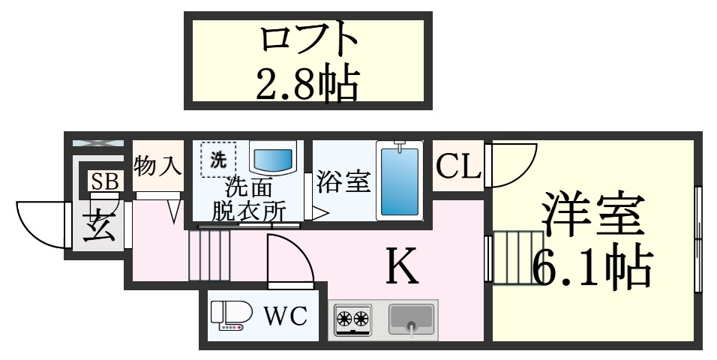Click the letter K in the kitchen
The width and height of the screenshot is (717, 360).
click(x=401, y=265)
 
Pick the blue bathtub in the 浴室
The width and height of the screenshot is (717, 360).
click(x=399, y=181)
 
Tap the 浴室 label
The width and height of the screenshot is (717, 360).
click(x=343, y=181)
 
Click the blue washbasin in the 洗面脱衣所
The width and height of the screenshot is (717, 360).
click(x=272, y=158)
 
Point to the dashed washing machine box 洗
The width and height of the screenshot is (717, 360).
click(x=217, y=159)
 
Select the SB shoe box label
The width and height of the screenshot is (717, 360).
click(x=103, y=181)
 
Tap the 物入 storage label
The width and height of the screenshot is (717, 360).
click(x=157, y=166)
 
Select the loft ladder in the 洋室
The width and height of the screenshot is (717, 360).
click(x=517, y=258)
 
